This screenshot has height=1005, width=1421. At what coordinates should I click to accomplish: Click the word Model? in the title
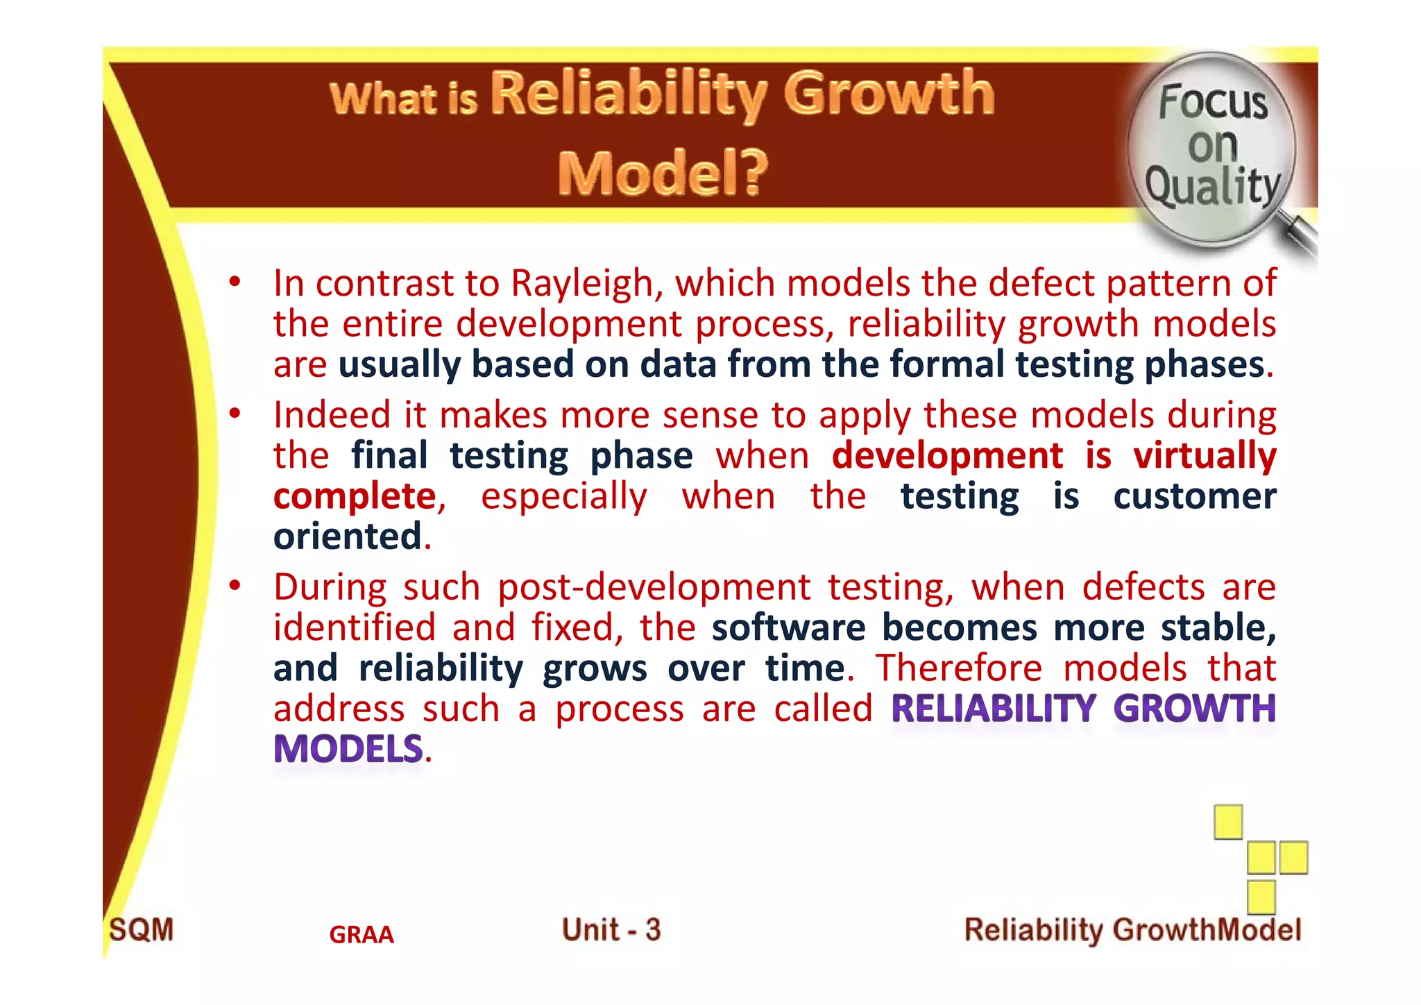[x=663, y=173]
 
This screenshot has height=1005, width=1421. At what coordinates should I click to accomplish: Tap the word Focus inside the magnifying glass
[x=1213, y=102]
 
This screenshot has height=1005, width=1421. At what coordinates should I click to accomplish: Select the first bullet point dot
[x=235, y=282]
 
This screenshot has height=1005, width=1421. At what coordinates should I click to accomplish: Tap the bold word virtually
[x=1205, y=456]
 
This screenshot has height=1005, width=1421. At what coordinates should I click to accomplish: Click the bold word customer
[x=1194, y=496]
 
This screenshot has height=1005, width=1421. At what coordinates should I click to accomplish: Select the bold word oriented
[x=347, y=537]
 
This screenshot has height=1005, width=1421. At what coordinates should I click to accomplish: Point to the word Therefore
[x=958, y=668]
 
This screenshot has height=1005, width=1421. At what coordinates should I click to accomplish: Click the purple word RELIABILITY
[x=993, y=709]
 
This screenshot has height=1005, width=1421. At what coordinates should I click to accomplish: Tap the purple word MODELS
[x=348, y=749]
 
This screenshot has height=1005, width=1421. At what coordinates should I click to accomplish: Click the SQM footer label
[x=142, y=930]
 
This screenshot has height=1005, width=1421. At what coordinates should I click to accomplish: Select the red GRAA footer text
[x=361, y=935]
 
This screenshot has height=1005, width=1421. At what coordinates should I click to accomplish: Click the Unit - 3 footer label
[x=611, y=930]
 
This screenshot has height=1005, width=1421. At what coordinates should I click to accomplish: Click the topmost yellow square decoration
[x=1227, y=822]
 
